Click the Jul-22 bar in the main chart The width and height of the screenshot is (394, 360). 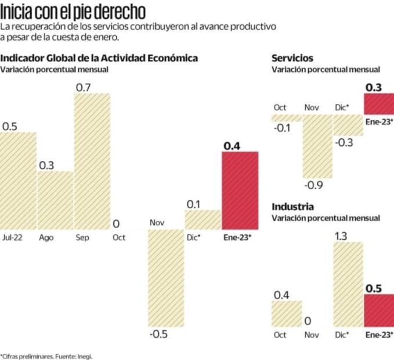[18, 181]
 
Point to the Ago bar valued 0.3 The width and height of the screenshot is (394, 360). [55, 200]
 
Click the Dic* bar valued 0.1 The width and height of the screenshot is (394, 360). [203, 219]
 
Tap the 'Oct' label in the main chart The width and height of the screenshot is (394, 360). [119, 237]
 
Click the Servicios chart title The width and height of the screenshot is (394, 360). [292, 58]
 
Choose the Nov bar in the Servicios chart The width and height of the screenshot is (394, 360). [317, 146]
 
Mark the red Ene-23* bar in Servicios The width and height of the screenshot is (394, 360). [379, 104]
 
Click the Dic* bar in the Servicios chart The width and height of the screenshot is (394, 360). [348, 124]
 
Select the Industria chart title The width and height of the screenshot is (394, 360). [292, 207]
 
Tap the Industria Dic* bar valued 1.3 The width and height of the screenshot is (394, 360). [348, 285]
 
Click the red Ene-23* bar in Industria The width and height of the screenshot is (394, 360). [379, 311]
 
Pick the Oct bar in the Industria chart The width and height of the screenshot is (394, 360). [287, 314]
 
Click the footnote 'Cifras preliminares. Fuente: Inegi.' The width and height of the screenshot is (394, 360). [46, 355]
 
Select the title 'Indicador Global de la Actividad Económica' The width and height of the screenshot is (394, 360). [99, 58]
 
